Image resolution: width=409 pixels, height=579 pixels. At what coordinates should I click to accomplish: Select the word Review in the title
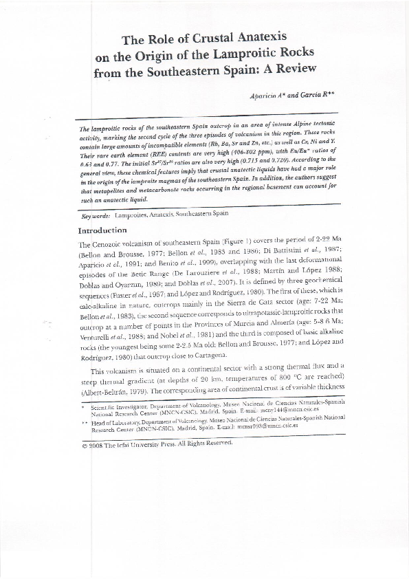click(293, 68)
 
